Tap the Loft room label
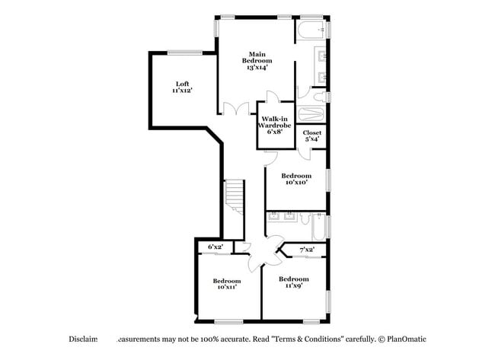pyautogui.click(x=181, y=87)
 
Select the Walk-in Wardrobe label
pyautogui.click(x=274, y=125)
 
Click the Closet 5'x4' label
pyautogui.click(x=312, y=135)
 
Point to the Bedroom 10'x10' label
pyautogui.click(x=296, y=179)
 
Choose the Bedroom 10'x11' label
pyautogui.click(x=226, y=283)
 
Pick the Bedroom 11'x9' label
pyautogui.click(x=293, y=282)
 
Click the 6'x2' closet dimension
pyautogui.click(x=216, y=247)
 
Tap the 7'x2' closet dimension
pyautogui.click(x=307, y=249)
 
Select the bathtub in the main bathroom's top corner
pyautogui.click(x=311, y=30)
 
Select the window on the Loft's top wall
pyautogui.click(x=184, y=52)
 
